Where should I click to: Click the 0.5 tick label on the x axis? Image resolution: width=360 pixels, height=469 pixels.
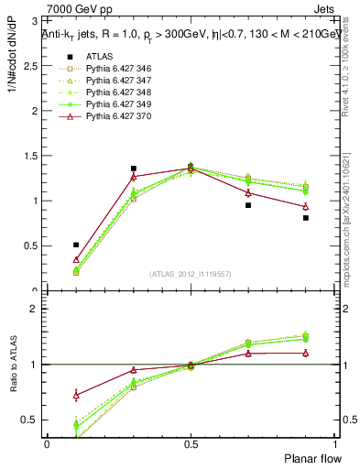tap(191, 443)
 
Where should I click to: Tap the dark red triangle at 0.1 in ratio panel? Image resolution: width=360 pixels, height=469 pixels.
tap(76, 395)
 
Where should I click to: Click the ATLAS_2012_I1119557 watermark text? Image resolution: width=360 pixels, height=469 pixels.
tap(191, 274)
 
